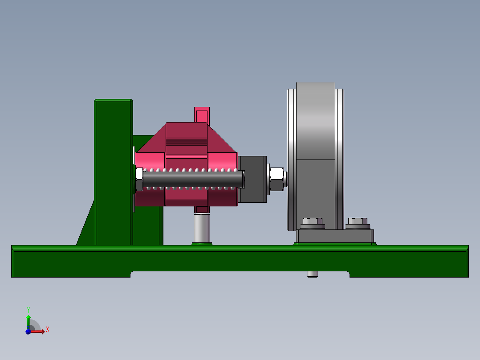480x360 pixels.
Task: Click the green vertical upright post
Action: (113, 174)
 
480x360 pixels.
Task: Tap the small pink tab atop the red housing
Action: (202, 115)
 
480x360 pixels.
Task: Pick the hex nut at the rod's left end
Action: (139, 179)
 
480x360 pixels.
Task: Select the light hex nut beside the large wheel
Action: (277, 179)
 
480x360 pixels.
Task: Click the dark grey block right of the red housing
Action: (252, 179)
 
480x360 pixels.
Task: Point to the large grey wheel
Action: (315, 134)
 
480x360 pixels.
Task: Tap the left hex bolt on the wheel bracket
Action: (313, 222)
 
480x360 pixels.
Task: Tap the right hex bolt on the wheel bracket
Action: (358, 222)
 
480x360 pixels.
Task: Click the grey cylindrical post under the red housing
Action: (202, 227)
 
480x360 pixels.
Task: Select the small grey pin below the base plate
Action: (313, 274)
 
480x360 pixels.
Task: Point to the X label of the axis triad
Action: (47, 330)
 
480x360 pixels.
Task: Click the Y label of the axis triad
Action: (28, 310)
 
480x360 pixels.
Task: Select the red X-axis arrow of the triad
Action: (38, 331)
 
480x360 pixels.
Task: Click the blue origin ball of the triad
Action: (28, 331)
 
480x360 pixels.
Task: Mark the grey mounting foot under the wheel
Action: (335, 237)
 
